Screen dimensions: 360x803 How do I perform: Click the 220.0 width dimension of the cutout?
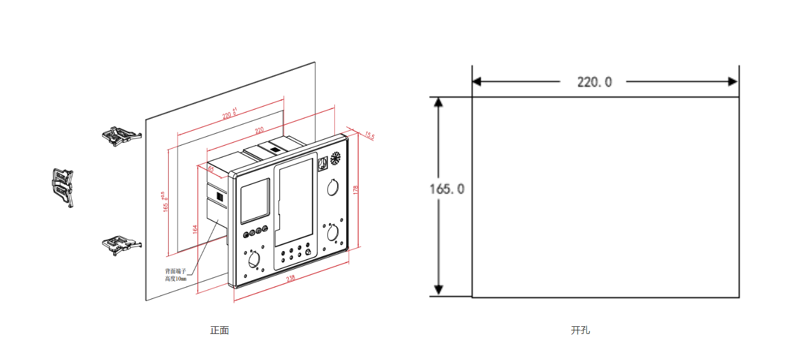coord(594,82)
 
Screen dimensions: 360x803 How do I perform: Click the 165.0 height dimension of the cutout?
coord(447,189)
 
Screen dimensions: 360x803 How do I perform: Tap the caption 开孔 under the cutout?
coord(580,330)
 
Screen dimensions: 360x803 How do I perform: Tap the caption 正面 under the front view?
coord(220,330)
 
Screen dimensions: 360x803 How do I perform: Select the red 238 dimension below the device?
coord(291,278)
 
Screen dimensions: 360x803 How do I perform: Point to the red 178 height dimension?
coord(356,190)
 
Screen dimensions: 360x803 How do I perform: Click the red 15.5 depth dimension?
coord(370,136)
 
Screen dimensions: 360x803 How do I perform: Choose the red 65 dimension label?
coord(210,169)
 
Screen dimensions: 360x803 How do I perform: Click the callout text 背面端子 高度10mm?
coord(175,274)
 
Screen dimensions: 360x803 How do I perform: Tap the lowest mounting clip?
coord(121,243)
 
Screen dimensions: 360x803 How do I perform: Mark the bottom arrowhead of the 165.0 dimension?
coord(438,290)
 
